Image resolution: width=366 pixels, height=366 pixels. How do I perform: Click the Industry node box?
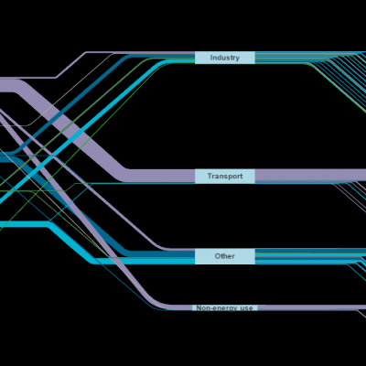225,58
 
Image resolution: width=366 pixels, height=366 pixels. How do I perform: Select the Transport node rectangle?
225,177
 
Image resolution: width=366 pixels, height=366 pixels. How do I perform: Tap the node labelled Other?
225,256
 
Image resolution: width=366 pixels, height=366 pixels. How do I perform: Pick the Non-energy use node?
225,307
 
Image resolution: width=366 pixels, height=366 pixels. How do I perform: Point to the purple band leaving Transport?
310,175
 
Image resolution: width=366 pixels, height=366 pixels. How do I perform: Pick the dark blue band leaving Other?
310,251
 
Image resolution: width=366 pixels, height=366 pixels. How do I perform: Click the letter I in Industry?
211,58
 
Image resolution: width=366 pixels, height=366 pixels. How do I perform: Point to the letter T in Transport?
210,176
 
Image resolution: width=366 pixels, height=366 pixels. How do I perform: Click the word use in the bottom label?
246,308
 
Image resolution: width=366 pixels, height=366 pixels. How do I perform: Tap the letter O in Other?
218,256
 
